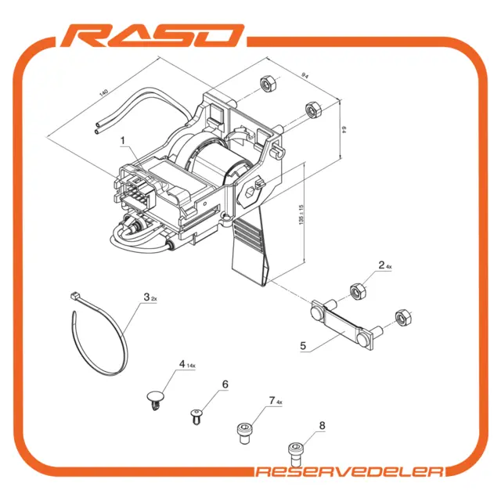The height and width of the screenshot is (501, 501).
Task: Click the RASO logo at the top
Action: [152, 35]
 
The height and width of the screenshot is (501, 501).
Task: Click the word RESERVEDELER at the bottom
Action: [350, 471]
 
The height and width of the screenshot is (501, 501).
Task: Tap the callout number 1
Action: [123, 141]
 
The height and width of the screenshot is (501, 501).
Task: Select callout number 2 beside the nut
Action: [381, 265]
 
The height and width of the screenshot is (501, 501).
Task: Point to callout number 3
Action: [146, 297]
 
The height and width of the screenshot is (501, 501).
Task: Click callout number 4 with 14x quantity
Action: [182, 364]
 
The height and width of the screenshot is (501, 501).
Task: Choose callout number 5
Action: [303, 345]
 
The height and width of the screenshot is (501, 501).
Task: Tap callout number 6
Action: [225, 384]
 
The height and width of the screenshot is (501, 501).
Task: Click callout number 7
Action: [272, 400]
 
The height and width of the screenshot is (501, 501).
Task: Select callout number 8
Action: [322, 425]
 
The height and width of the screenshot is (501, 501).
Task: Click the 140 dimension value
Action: [103, 93]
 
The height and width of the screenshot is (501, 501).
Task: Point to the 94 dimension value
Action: [305, 76]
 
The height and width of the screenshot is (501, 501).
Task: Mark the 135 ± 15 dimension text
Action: [301, 214]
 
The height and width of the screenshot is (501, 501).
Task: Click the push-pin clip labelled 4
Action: [156, 400]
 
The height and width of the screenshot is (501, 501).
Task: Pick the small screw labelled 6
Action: [196, 416]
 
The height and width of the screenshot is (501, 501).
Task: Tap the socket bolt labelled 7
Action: [244, 433]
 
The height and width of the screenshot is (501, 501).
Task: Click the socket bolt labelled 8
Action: [296, 454]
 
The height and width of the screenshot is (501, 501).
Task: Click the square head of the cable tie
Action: [74, 296]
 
